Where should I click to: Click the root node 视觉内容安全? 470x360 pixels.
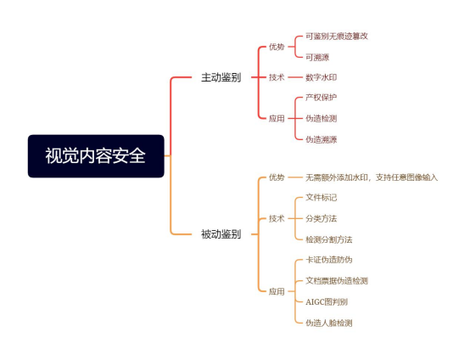pos(96,156)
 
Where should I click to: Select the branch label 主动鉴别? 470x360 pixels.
pos(221,77)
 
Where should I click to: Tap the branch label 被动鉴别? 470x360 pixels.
pos(221,234)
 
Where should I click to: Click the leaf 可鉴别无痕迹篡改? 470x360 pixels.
pos(337,37)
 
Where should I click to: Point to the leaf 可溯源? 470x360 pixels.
pos(317,57)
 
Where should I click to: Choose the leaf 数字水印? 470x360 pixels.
pos(321,77)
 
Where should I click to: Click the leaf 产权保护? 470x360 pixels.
pos(321,98)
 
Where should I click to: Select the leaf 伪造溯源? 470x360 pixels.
pos(321,139)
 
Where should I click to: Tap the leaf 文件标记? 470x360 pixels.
pos(321,197)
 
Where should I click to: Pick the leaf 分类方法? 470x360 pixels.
pos(321,218)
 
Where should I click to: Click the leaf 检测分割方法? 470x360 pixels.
pos(329,239)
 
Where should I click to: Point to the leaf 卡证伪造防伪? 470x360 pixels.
pos(329,260)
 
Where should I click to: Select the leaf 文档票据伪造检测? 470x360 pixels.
pos(337,281)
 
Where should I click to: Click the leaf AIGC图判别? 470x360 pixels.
pos(327,301)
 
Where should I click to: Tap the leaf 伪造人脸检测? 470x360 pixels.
pos(329,323)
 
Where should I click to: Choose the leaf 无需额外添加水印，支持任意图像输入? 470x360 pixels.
pos(372,177)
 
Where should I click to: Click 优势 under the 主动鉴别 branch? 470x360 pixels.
pos(277,47)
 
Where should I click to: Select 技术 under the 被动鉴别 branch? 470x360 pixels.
pos(277,218)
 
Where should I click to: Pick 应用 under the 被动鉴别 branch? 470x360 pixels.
pos(277,291)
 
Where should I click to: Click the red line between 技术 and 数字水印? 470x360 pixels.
pos(295,77)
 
